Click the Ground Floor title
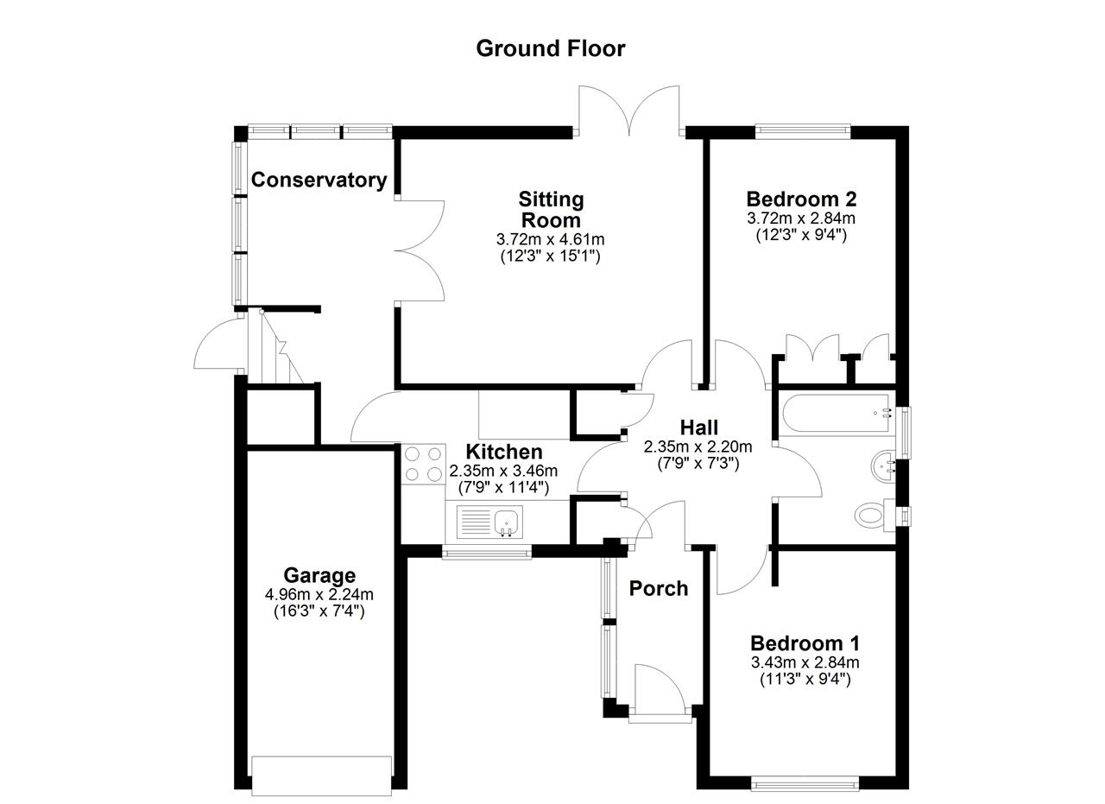click(551, 48)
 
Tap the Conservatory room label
click(319, 180)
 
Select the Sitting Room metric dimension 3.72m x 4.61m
click(551, 239)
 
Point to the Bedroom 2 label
click(801, 199)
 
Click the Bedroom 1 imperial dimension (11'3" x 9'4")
click(805, 680)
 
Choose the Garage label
click(319, 575)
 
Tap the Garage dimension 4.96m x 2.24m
click(319, 594)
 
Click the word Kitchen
click(503, 452)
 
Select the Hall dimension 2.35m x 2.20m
click(698, 446)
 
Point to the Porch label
click(659, 589)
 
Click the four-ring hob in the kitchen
click(423, 464)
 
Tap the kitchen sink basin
click(506, 522)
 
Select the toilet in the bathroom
click(875, 516)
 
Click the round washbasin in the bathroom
click(883, 465)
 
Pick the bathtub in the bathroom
click(837, 414)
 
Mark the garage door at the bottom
click(322, 782)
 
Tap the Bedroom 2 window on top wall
click(803, 130)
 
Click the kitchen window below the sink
click(487, 551)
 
